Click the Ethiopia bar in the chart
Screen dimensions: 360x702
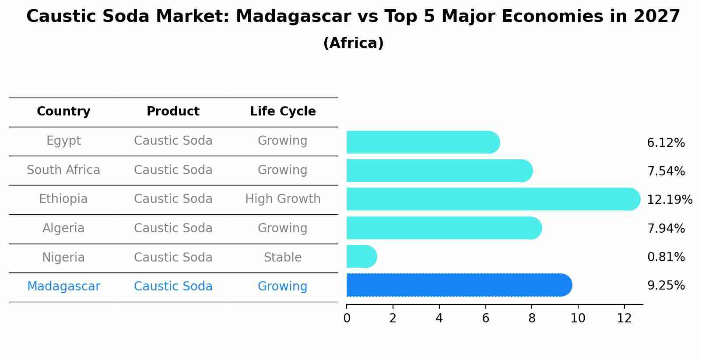tap(492, 199)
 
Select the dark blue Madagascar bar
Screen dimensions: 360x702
tap(459, 285)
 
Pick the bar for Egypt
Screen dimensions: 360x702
tap(422, 142)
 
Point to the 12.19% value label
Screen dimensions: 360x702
tap(669, 200)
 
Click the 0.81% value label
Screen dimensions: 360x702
tap(666, 257)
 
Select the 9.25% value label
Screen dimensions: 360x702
tap(666, 286)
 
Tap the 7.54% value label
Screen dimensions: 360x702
tap(666, 171)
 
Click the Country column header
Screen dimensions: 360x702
tap(63, 112)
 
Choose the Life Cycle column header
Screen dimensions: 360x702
tap(283, 112)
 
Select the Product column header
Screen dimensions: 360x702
tap(173, 112)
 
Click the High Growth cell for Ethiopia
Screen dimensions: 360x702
tap(283, 199)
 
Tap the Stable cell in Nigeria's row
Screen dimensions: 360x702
tap(283, 258)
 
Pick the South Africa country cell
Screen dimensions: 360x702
tap(63, 170)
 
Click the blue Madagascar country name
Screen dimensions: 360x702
tap(63, 287)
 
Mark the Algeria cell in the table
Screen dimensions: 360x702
tap(63, 228)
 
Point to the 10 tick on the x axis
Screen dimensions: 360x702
tap(578, 318)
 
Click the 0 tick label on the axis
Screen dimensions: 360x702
tap(347, 318)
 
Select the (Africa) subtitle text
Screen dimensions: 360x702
tap(353, 43)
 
